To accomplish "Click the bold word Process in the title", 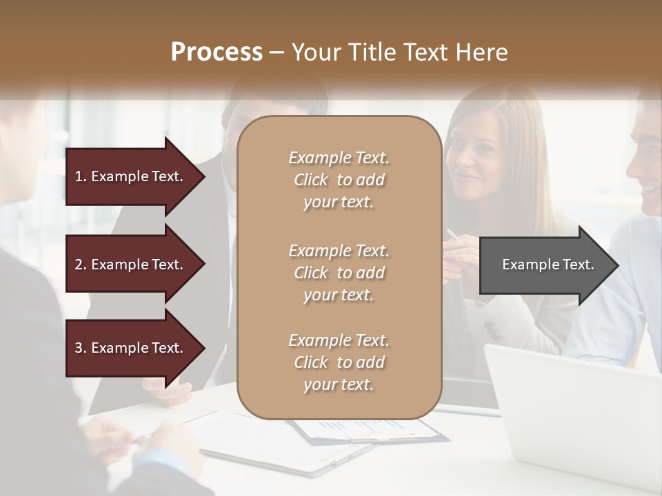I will pos(217,52).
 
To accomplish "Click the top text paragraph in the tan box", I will pos(339,180).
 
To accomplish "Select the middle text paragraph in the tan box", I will pos(339,273).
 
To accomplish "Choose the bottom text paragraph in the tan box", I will pos(339,362).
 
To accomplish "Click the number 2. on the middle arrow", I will pos(81,265).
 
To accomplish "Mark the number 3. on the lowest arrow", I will pos(81,348).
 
